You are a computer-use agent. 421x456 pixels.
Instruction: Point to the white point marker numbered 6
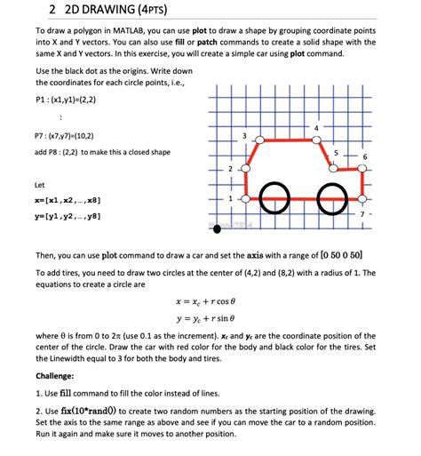click(361, 169)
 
